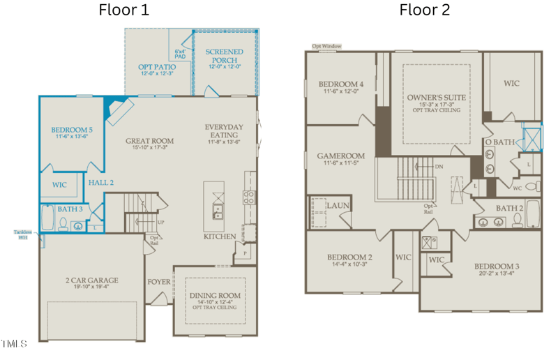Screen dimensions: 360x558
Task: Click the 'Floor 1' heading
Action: pyautogui.click(x=123, y=10)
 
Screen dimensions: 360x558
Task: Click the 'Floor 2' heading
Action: pyautogui.click(x=424, y=10)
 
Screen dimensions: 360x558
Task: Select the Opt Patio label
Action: pyautogui.click(x=156, y=67)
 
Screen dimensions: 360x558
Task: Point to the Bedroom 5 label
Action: pyautogui.click(x=70, y=130)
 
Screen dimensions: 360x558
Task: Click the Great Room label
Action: pyautogui.click(x=150, y=141)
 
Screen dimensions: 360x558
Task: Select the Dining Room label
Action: pyautogui.click(x=215, y=296)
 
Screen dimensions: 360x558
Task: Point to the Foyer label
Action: pyautogui.click(x=158, y=282)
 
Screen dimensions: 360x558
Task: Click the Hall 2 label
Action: pyautogui.click(x=101, y=182)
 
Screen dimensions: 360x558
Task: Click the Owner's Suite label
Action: pyautogui.click(x=437, y=98)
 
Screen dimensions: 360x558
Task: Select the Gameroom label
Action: pyautogui.click(x=341, y=157)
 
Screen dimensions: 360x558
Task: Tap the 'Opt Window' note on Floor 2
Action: pyautogui.click(x=326, y=46)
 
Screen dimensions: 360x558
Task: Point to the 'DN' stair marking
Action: pyautogui.click(x=439, y=167)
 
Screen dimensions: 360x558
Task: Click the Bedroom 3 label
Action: pyautogui.click(x=497, y=267)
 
